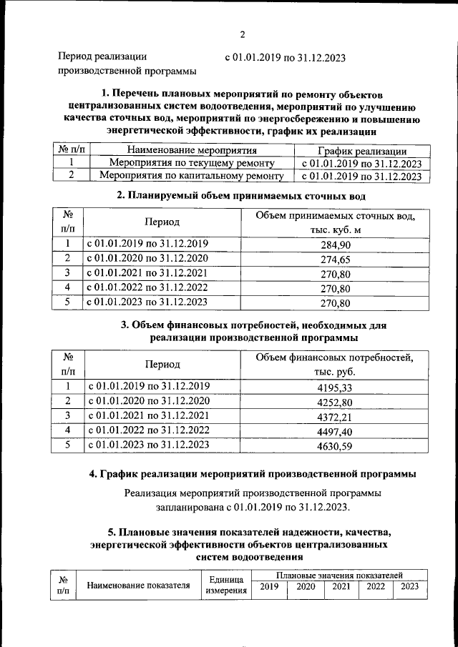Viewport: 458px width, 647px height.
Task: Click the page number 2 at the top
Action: pyautogui.click(x=243, y=34)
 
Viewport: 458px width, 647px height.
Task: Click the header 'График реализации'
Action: pyautogui.click(x=362, y=151)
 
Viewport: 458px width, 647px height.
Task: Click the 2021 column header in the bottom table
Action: pyautogui.click(x=341, y=586)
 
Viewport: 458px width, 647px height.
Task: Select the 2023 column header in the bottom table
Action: pyautogui.click(x=410, y=586)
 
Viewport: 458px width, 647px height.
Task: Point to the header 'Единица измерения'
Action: pyautogui.click(x=225, y=585)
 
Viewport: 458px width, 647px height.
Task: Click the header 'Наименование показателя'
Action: pyautogui.click(x=138, y=586)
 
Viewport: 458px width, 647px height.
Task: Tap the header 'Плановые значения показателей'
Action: pyautogui.click(x=339, y=575)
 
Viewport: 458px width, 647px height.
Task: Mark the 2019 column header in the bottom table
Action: pyautogui.click(x=269, y=586)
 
